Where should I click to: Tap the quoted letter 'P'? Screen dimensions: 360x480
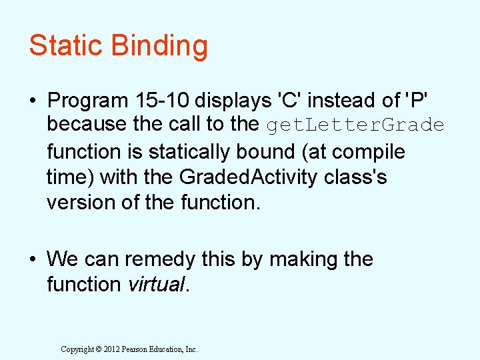click(414, 101)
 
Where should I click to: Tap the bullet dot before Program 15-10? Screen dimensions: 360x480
click(33, 101)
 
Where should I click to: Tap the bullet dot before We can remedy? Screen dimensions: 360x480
click(33, 259)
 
